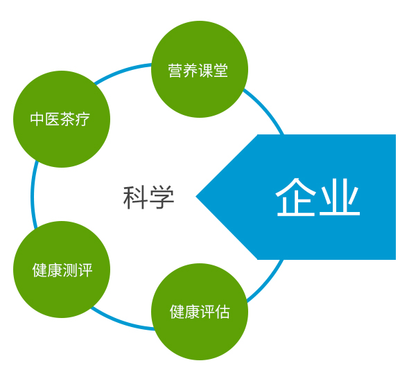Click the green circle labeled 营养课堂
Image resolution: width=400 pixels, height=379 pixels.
[x=200, y=69]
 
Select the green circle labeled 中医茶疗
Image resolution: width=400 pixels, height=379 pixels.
[x=62, y=119]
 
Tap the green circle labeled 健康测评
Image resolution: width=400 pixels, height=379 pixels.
[x=62, y=270]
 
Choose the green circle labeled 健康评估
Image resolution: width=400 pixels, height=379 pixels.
[x=200, y=312]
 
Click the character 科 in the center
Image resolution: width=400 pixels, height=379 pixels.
[x=135, y=197]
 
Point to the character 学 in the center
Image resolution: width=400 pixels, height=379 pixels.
[x=162, y=197]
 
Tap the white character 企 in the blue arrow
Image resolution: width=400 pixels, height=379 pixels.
[x=295, y=197]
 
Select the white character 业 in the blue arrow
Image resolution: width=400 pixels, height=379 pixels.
[x=339, y=197]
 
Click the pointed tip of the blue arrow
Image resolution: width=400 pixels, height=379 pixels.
[x=196, y=196]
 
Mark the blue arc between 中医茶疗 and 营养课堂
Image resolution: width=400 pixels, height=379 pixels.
[x=122, y=71]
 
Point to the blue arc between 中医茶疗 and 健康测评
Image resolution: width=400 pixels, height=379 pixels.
[x=32, y=194]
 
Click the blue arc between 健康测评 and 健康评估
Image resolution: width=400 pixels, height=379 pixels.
[x=121, y=321]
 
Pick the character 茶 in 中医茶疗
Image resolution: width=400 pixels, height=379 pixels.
[x=68, y=119]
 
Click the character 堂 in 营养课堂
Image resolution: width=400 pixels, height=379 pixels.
[x=220, y=71]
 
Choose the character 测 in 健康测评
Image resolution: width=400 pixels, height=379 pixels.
[x=69, y=270]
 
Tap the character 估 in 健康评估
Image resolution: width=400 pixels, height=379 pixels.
[x=223, y=312]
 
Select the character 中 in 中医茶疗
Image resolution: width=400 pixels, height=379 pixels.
[x=37, y=119]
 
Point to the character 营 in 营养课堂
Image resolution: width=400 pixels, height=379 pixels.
[x=175, y=71]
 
